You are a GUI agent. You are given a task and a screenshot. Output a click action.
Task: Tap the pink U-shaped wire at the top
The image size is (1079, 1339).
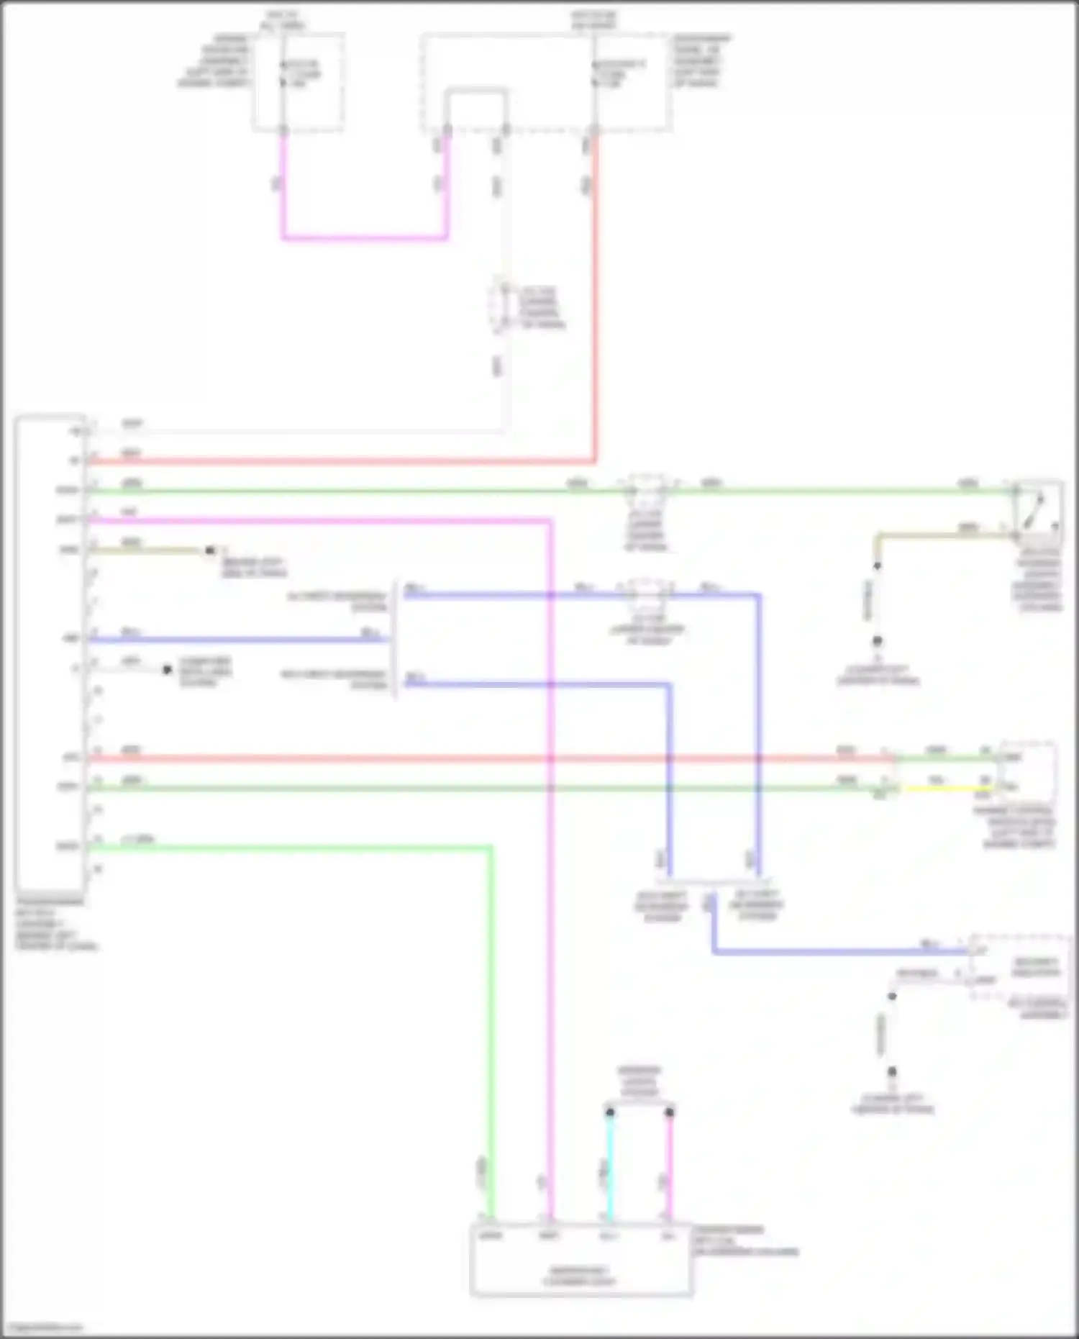coord(363,237)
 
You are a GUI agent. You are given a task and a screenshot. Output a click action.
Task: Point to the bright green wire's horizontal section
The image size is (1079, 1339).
coord(288,848)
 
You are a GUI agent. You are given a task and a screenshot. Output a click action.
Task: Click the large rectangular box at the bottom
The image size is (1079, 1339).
coord(581,1260)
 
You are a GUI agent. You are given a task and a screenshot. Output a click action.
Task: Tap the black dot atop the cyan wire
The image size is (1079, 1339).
coord(609,1112)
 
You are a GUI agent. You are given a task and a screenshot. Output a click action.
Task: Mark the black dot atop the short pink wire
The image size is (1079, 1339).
coord(669,1112)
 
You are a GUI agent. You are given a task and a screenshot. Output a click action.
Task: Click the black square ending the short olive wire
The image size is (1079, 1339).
coord(210,550)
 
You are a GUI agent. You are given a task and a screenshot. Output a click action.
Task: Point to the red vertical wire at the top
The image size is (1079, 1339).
coord(595,288)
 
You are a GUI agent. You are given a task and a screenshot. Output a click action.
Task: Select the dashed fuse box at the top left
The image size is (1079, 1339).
coord(298,81)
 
